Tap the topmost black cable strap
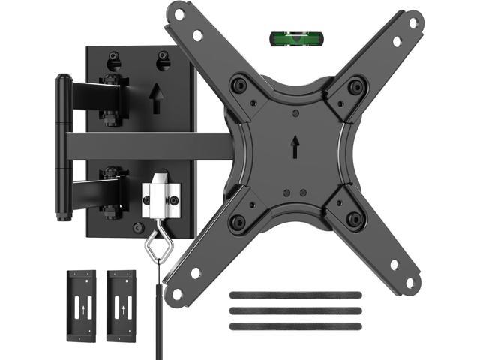[295, 295]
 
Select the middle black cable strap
[295, 310]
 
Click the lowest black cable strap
[295, 324]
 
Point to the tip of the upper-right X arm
[412, 22]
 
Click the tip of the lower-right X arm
[412, 283]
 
